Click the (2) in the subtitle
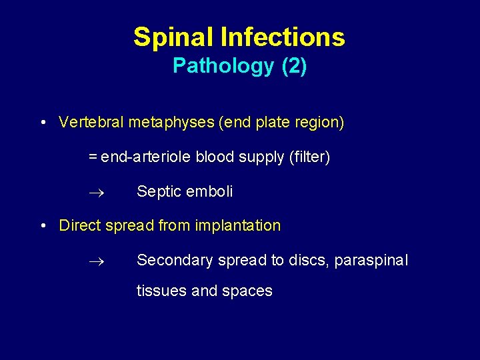point(294,66)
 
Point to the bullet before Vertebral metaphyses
point(42,123)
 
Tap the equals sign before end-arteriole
point(93,157)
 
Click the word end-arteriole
point(146,157)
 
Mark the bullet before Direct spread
point(42,226)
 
